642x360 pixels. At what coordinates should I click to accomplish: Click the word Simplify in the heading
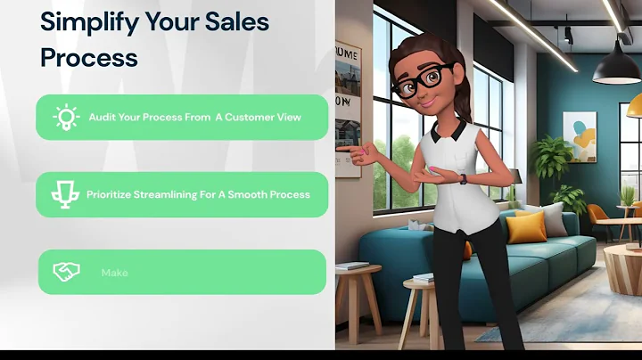click(83, 21)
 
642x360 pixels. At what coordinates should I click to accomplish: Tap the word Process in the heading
click(89, 57)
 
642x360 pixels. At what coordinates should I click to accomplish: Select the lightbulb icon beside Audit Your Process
click(66, 118)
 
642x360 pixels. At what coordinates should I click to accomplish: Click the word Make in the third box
click(114, 273)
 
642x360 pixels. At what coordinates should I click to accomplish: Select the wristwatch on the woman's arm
click(463, 178)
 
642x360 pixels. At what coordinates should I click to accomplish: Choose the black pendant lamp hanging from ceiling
click(617, 67)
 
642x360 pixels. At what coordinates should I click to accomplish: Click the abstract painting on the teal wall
click(580, 133)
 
